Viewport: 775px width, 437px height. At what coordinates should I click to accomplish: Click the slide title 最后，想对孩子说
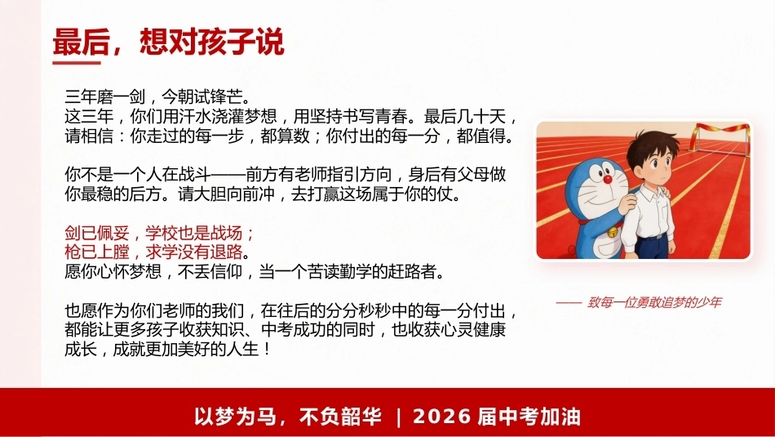pyautogui.click(x=169, y=42)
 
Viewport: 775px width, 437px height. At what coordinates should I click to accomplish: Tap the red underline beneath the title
pyautogui.click(x=77, y=62)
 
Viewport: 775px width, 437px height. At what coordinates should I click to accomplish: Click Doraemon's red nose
pyautogui.click(x=608, y=179)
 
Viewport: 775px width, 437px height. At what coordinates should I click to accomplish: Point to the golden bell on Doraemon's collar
pyautogui.click(x=613, y=232)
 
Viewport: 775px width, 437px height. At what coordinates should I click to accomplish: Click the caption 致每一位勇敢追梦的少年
pyautogui.click(x=654, y=302)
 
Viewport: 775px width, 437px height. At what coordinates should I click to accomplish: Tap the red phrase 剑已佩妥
pyautogui.click(x=96, y=233)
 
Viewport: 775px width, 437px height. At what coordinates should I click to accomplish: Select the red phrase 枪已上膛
pyautogui.click(x=96, y=252)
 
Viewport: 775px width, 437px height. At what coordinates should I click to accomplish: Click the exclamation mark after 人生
pyautogui.click(x=267, y=350)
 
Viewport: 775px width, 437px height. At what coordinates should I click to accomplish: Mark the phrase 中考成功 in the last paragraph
pyautogui.click(x=293, y=330)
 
